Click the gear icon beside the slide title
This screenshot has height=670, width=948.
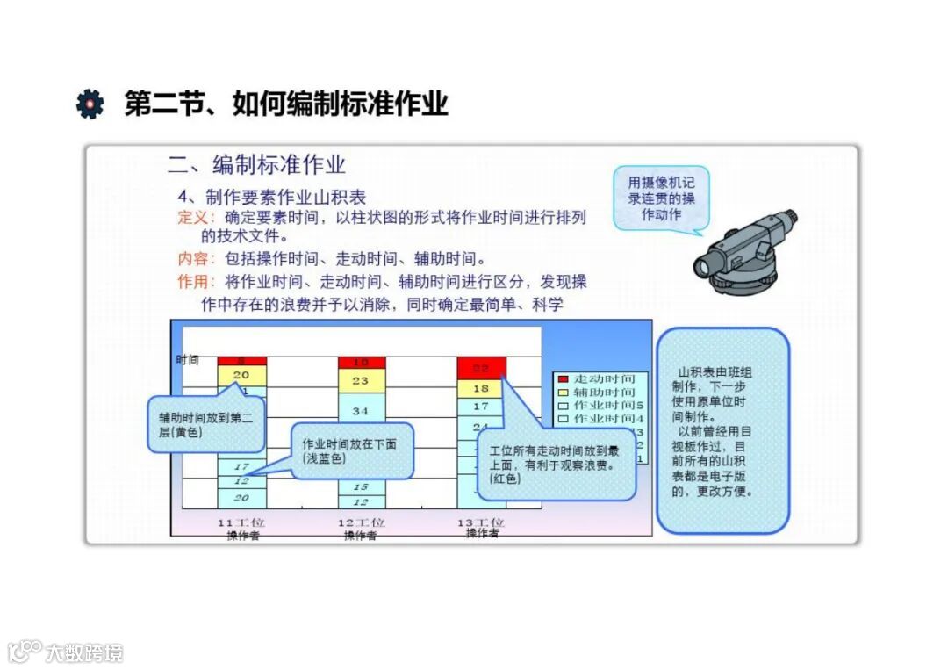click(x=90, y=104)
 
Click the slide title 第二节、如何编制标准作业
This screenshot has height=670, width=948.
click(x=286, y=104)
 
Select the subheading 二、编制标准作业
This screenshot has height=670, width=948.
click(x=256, y=164)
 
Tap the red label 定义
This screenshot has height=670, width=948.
click(x=191, y=217)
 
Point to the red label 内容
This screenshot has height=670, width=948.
click(x=191, y=259)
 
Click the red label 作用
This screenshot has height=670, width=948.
click(x=191, y=282)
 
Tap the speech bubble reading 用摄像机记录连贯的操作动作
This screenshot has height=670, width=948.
click(x=661, y=198)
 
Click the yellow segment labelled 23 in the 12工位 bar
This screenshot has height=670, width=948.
click(x=361, y=381)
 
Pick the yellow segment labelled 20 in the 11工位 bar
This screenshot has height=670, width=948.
click(x=241, y=375)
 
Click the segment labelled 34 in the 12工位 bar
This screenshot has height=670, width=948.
click(x=361, y=410)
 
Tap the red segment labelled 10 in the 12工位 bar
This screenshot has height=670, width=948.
click(x=361, y=362)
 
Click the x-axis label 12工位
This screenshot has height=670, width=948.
click(x=361, y=522)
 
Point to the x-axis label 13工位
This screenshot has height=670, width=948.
click(x=481, y=522)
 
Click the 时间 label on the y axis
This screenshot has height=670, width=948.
click(x=187, y=359)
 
